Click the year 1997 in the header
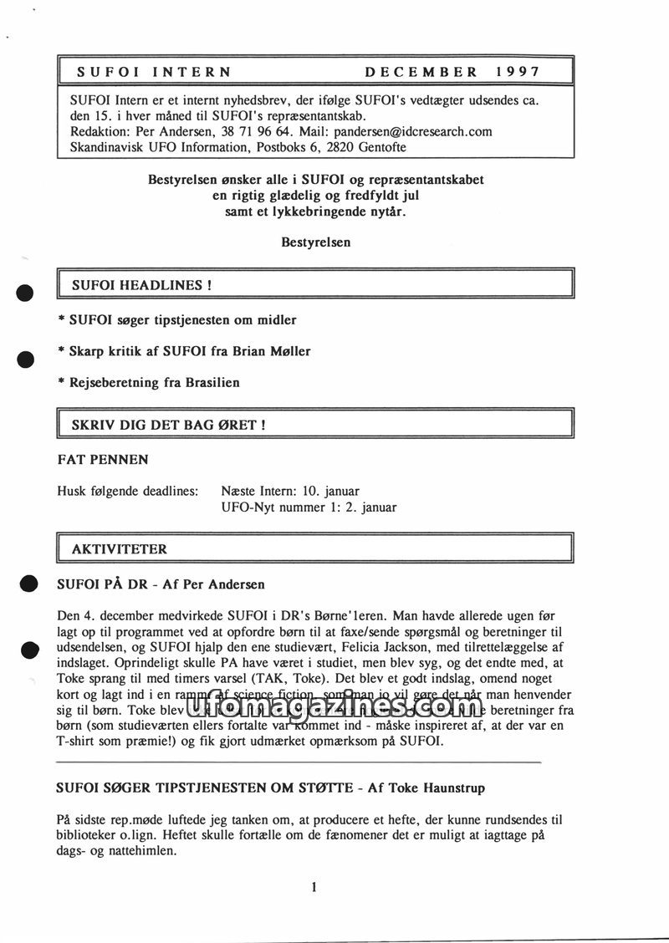[x=517, y=72]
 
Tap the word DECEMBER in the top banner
[x=421, y=72]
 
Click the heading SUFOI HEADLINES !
[x=141, y=285]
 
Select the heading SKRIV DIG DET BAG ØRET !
[x=169, y=425]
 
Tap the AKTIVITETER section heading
[x=119, y=549]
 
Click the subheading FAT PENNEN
[x=103, y=459]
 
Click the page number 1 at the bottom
[x=314, y=888]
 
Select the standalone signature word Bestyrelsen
[x=316, y=242]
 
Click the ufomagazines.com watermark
[x=334, y=711]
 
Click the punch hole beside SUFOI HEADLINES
[x=25, y=293]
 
